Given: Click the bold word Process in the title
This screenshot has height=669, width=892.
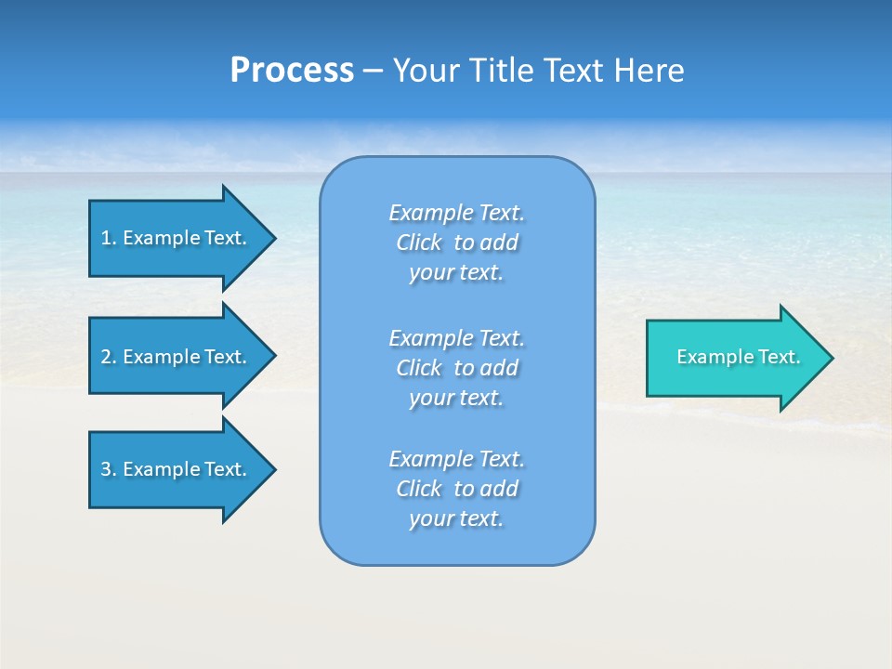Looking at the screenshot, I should (292, 71).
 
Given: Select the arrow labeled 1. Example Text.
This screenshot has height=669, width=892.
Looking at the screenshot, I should (177, 238).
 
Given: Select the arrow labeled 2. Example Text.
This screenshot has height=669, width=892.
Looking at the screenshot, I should (177, 357).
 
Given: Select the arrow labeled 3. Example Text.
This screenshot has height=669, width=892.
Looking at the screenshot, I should (177, 469).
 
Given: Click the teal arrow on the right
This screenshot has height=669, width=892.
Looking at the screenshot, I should (734, 358).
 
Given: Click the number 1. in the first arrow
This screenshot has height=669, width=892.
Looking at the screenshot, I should (108, 238).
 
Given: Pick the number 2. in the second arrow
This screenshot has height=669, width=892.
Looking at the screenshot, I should (108, 357).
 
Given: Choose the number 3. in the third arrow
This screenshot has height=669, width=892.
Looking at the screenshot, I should (108, 469).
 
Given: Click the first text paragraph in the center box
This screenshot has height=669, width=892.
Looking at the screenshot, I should (456, 243).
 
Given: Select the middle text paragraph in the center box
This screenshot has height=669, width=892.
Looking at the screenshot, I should (456, 368).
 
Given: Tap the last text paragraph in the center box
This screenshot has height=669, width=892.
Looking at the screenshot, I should (456, 489).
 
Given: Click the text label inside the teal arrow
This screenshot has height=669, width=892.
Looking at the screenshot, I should (738, 357).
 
